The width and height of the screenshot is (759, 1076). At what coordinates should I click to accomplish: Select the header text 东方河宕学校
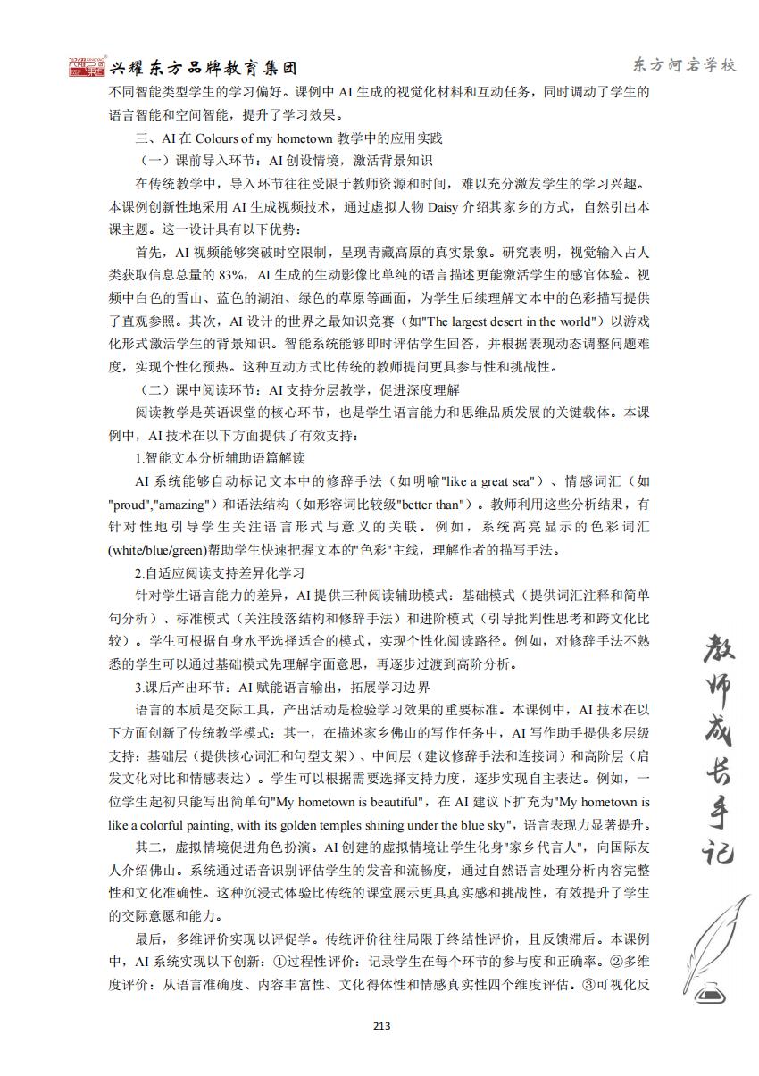pos(684,65)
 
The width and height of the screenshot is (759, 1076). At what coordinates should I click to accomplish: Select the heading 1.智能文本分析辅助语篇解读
pos(220,458)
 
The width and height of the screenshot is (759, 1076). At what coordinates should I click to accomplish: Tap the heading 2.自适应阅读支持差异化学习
pos(220,571)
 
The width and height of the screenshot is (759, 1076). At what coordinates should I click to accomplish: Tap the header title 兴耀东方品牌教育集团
pos(202,68)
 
